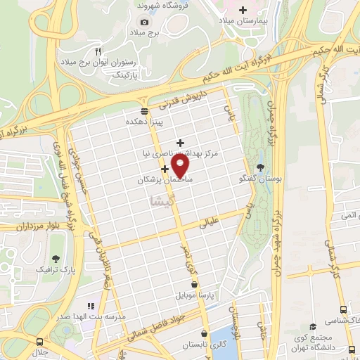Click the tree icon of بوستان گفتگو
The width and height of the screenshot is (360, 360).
262,167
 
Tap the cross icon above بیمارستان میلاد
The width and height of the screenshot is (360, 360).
243,10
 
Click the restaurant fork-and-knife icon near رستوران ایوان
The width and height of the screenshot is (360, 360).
98,51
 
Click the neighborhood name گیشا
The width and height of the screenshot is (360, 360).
162,202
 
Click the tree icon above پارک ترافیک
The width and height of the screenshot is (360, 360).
56,258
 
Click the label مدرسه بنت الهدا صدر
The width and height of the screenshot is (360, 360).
91,317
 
